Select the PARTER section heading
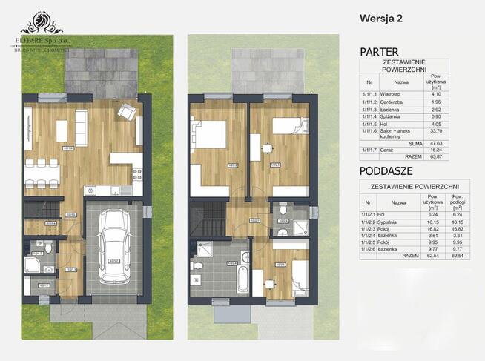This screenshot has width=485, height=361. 379,52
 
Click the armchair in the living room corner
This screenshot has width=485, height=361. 127,112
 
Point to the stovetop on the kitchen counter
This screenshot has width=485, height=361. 136,176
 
